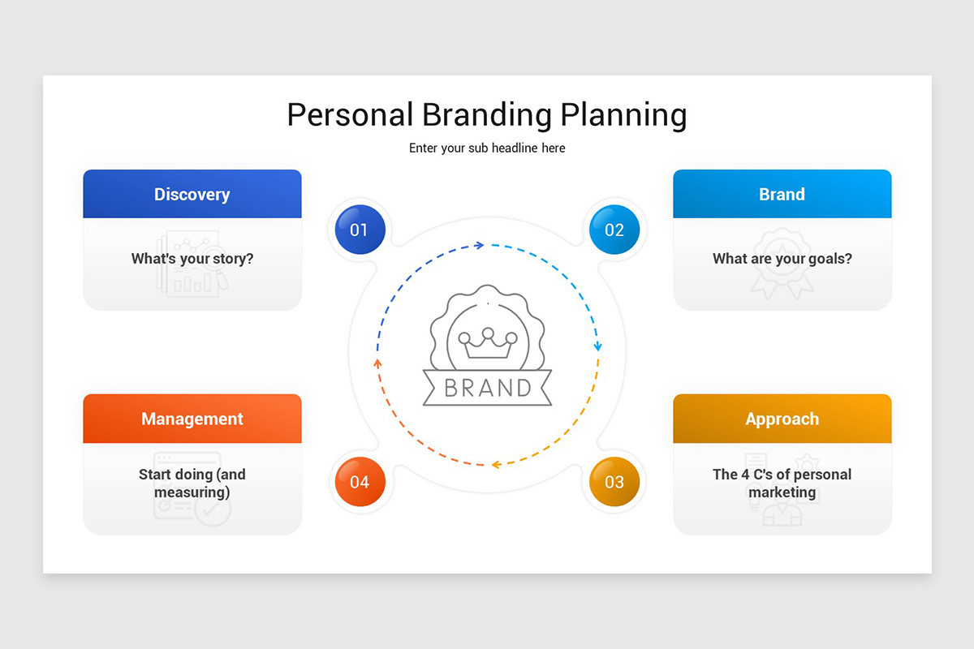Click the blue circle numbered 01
pos(359,230)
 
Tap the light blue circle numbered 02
pos(614,230)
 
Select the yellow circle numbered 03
pos(614,482)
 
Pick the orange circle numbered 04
pos(359,482)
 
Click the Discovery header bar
pos(192,194)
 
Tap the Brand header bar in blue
pos(782,194)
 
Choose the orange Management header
pos(192,419)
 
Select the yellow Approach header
pos(782,419)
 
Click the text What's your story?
pos(192,259)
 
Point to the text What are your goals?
pos(782,259)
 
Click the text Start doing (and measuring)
pos(192,484)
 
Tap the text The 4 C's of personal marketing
pos(782,484)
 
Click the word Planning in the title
pos(624,115)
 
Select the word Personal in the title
pos(350,114)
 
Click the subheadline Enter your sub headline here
pos(487,148)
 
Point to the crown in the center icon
pos(487,344)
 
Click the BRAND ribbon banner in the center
pos(487,387)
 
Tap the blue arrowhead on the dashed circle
pos(480,244)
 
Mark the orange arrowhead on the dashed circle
pos(377,362)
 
